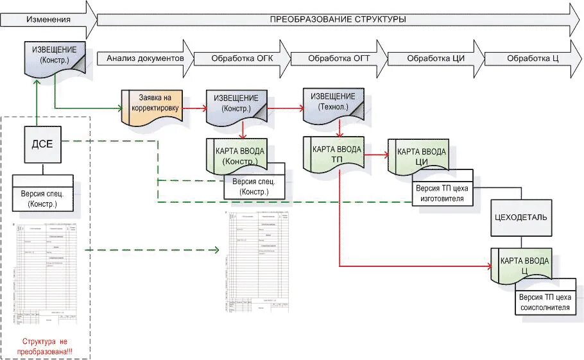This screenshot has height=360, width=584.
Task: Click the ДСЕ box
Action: pyautogui.click(x=42, y=144)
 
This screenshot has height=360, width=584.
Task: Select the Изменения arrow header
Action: pyautogui.click(x=48, y=19)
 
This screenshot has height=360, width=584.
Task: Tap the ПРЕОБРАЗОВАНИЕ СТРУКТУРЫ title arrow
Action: pyautogui.click(x=337, y=19)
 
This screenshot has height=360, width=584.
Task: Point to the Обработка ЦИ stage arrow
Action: pyautogui.click(x=436, y=58)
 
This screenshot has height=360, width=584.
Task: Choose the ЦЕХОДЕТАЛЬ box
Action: pyautogui.click(x=520, y=216)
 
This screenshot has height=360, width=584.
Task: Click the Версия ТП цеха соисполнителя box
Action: pyautogui.click(x=544, y=302)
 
